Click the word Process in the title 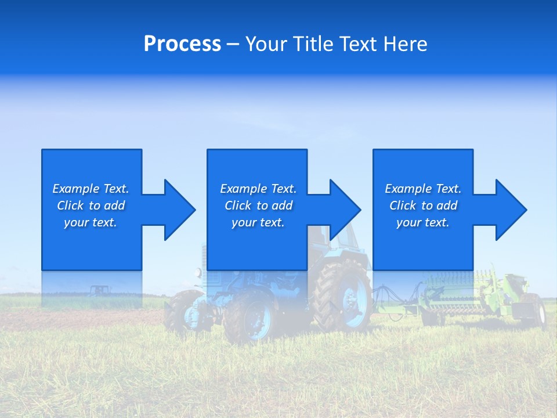point(182,44)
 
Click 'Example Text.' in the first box point(91,189)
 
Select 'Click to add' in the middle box point(258,206)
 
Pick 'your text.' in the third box point(423,222)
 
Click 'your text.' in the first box point(91,222)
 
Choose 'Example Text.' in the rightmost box point(423,189)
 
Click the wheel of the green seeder point(537,311)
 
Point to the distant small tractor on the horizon point(99,289)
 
